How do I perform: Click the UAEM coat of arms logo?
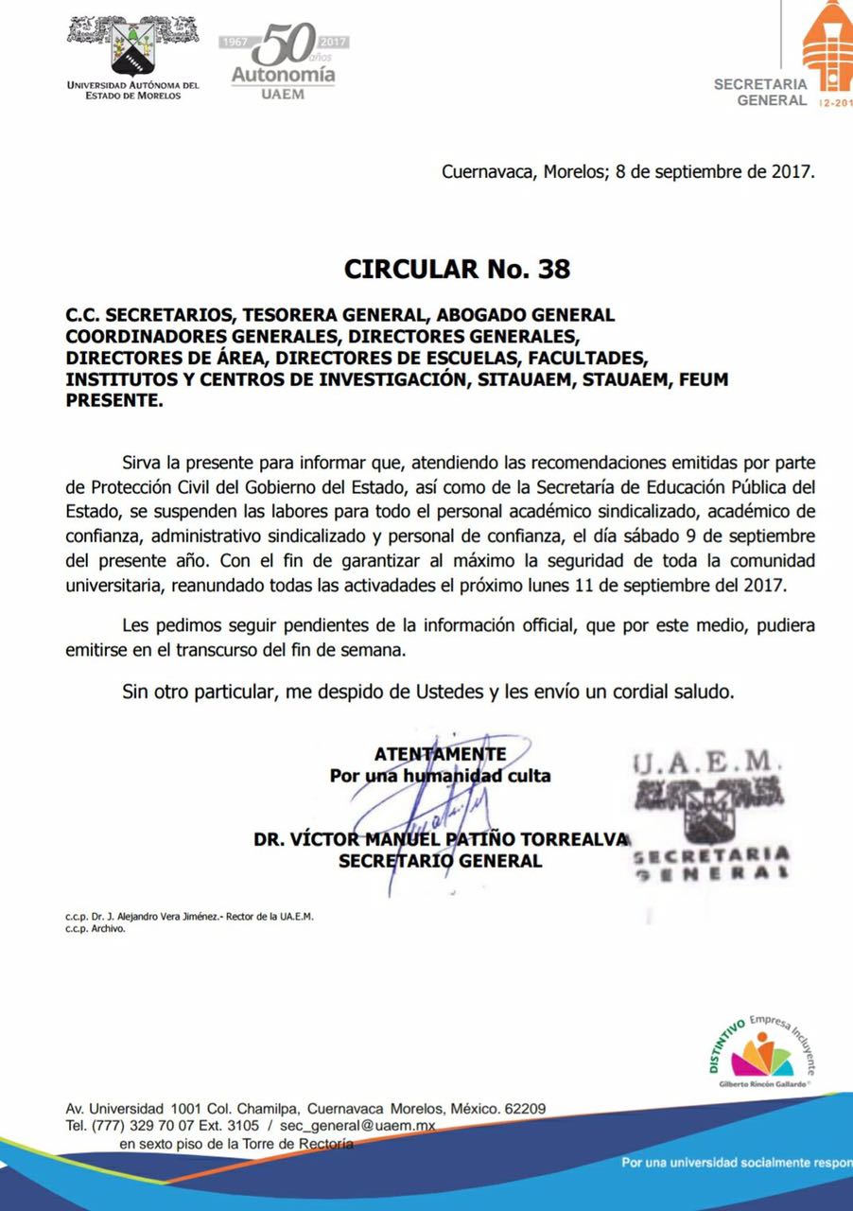click(132, 47)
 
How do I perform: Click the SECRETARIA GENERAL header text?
click(760, 92)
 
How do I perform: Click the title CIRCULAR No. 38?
click(457, 270)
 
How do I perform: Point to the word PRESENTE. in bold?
click(114, 400)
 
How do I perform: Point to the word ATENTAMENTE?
click(440, 754)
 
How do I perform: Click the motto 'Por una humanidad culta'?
click(440, 776)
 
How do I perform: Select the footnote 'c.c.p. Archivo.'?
click(96, 928)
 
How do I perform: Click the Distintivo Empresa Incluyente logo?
click(759, 1055)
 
